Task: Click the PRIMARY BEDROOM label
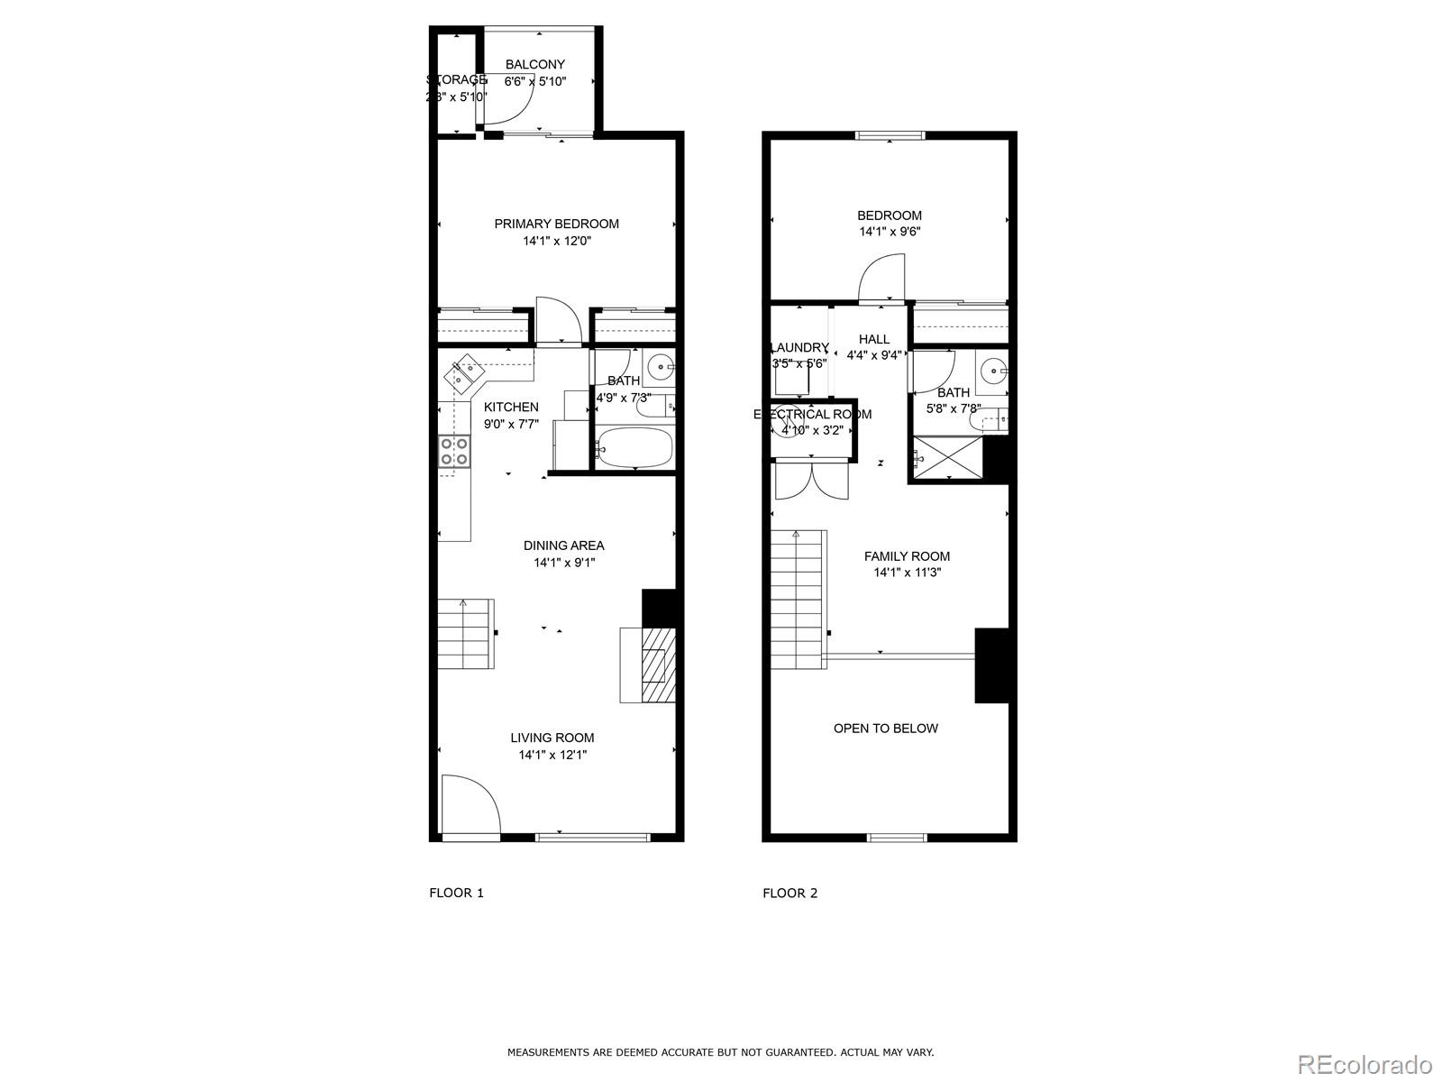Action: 556,224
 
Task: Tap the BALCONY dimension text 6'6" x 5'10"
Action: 535,81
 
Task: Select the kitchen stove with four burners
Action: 454,451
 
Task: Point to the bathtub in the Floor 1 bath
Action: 634,447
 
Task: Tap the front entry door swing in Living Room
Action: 470,805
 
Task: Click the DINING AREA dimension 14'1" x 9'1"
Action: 564,563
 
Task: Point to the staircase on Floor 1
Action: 466,633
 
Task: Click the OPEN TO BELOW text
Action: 885,728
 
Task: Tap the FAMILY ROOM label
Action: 907,556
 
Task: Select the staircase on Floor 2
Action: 799,600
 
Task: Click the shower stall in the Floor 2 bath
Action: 946,458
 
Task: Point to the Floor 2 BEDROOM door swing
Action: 881,278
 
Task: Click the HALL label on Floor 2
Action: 873,339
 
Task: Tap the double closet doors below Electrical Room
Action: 811,480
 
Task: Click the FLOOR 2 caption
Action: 789,893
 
